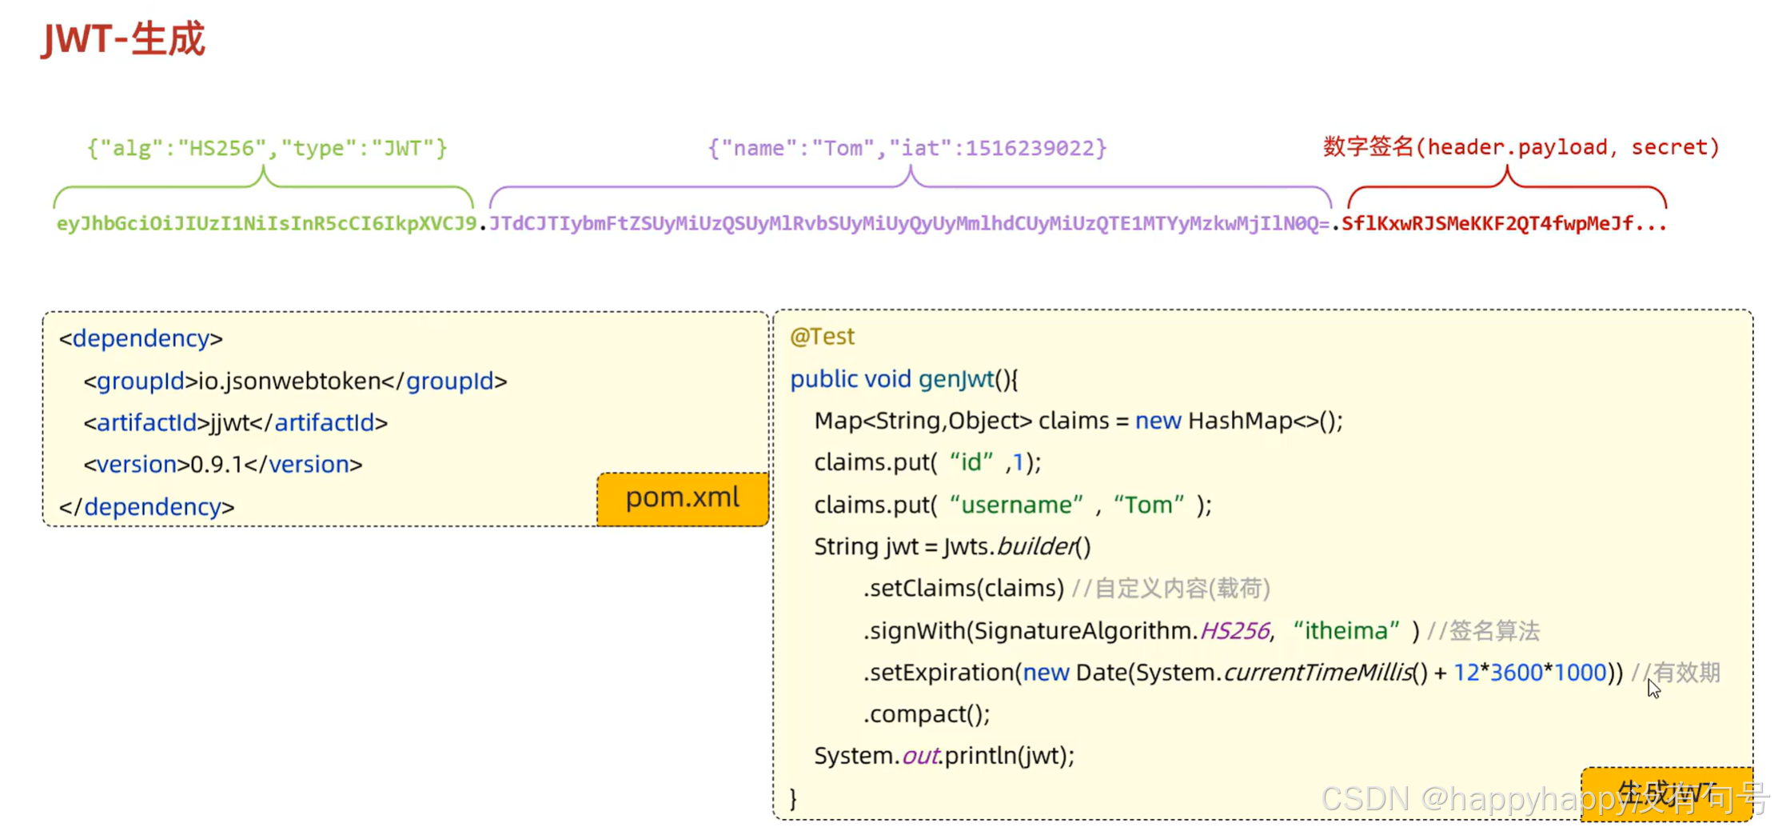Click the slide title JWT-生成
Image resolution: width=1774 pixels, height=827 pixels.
pyautogui.click(x=124, y=39)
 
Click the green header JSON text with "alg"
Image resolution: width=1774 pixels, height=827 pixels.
pyautogui.click(x=267, y=148)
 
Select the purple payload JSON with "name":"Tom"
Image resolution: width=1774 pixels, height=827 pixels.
pyautogui.click(x=907, y=148)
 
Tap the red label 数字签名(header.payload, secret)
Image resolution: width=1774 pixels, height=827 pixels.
pyautogui.click(x=1521, y=147)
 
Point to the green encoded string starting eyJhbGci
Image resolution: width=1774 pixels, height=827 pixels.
pyautogui.click(x=266, y=223)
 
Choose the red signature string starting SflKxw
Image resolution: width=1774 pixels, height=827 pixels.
pyautogui.click(x=1503, y=223)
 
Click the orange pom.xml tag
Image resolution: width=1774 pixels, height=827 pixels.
pyautogui.click(x=682, y=498)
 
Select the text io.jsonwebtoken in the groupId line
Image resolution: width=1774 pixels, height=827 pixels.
pyautogui.click(x=289, y=381)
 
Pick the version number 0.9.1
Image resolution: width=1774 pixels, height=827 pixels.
pyautogui.click(x=216, y=464)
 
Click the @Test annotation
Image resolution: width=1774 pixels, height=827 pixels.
pyautogui.click(x=822, y=336)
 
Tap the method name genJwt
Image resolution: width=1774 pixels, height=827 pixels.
pyautogui.click(x=955, y=378)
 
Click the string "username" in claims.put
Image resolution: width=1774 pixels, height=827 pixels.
pyautogui.click(x=1016, y=505)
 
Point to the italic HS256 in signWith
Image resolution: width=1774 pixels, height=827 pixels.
pyautogui.click(x=1234, y=630)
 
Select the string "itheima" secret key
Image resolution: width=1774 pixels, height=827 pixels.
pyautogui.click(x=1346, y=630)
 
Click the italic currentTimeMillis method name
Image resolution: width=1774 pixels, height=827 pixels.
pyautogui.click(x=1318, y=672)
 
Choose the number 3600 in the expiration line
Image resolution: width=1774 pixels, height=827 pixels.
pyautogui.click(x=1516, y=672)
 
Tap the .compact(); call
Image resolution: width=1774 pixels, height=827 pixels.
pyautogui.click(x=927, y=713)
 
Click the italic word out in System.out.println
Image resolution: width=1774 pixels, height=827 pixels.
pyautogui.click(x=919, y=756)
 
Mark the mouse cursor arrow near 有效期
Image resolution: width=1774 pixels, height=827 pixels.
pyautogui.click(x=1653, y=688)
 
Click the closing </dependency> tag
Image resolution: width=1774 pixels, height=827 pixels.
pyautogui.click(x=147, y=506)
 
